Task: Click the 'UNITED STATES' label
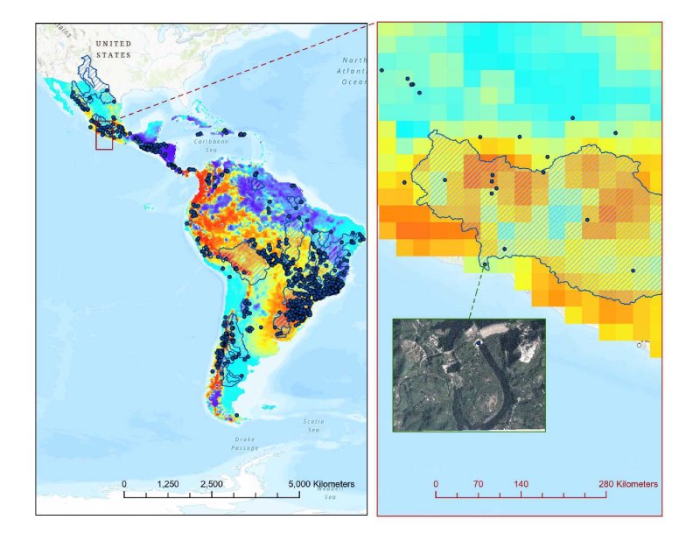pyautogui.click(x=113, y=49)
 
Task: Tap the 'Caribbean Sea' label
pyautogui.click(x=210, y=145)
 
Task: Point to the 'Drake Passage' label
pyautogui.click(x=244, y=443)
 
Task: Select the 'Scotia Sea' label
pyautogui.click(x=313, y=425)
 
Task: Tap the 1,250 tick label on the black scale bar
pyautogui.click(x=168, y=484)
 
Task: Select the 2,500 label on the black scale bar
pyautogui.click(x=212, y=484)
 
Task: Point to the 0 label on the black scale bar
pyautogui.click(x=124, y=484)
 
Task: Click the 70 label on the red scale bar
pyautogui.click(x=478, y=484)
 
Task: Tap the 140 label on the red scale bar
pyautogui.click(x=521, y=484)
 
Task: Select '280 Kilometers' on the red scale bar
pyautogui.click(x=627, y=484)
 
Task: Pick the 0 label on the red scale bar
pyautogui.click(x=436, y=484)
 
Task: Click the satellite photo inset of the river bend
pyautogui.click(x=469, y=375)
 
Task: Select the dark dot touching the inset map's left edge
pyautogui.click(x=381, y=70)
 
